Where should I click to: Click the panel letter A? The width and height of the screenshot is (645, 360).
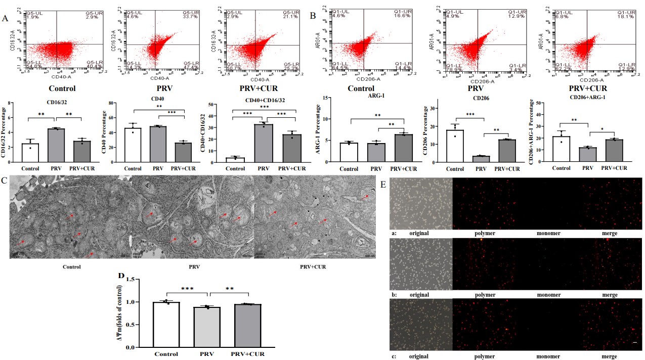tap(6, 19)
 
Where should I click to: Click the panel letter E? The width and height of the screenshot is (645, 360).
tap(383, 185)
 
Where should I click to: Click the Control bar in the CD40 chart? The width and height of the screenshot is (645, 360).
tap(133, 146)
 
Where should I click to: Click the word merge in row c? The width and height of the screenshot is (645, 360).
tap(609, 356)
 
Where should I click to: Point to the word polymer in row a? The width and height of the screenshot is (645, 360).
tap(485, 234)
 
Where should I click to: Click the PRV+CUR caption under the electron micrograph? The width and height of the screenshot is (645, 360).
tap(310, 266)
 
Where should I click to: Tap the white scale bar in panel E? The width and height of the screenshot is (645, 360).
tap(634, 343)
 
